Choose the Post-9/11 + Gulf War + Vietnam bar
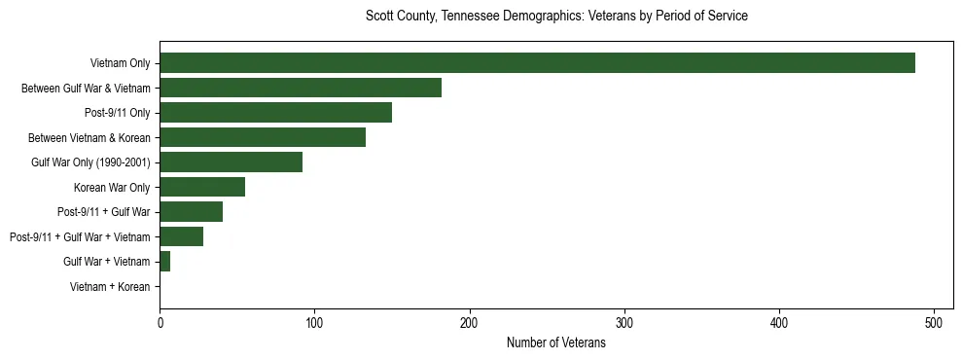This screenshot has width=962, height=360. (x=181, y=236)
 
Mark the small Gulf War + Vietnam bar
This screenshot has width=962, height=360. (x=164, y=262)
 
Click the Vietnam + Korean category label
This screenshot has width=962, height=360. (x=110, y=287)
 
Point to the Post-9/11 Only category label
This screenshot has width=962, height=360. (x=117, y=113)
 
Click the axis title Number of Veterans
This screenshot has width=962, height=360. (x=555, y=342)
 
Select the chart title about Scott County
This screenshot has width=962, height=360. (x=555, y=17)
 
